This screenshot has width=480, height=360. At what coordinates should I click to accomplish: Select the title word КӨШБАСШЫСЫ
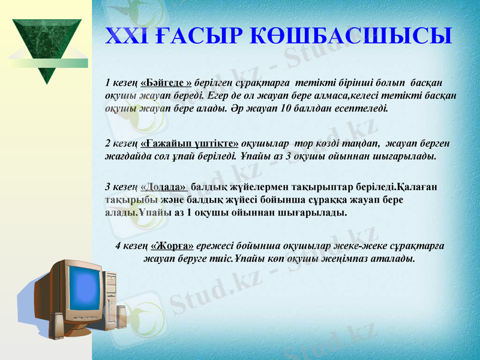(346, 35)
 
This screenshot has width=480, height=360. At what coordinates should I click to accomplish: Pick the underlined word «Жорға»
(172, 245)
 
